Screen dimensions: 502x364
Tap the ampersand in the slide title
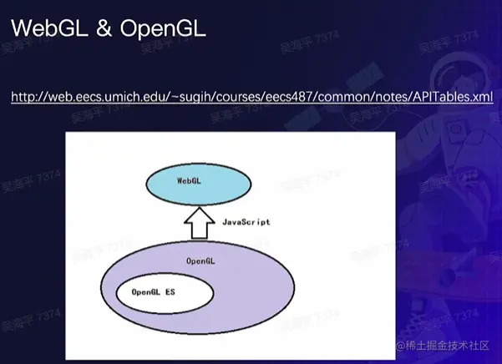pyautogui.click(x=103, y=29)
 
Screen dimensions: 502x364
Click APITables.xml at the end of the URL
pyautogui.click(x=449, y=98)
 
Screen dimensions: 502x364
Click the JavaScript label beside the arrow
pyautogui.click(x=246, y=222)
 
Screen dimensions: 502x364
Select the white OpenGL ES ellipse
pyautogui.click(x=164, y=292)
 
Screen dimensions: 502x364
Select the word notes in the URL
pyautogui.click(x=388, y=98)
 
